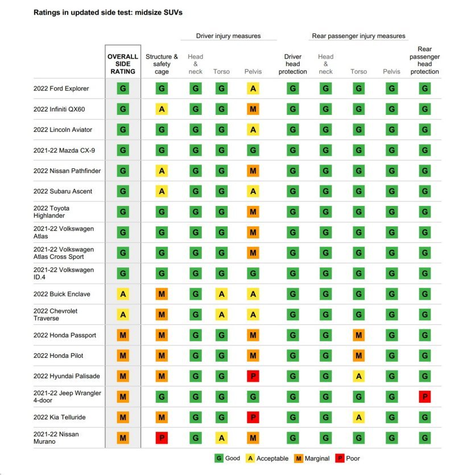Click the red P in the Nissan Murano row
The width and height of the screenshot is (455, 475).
point(162,437)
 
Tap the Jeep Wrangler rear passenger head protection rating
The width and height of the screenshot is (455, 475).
point(425,396)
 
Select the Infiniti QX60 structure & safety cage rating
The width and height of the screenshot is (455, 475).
point(162,109)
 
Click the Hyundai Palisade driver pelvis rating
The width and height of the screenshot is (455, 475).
point(253,376)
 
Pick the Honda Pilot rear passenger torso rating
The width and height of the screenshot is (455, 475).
point(359,356)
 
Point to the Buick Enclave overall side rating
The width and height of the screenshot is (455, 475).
point(123,294)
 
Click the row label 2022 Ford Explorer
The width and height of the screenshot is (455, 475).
point(61,88)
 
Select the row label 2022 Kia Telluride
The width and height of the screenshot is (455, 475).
point(59,417)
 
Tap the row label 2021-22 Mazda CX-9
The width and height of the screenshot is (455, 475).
point(64,150)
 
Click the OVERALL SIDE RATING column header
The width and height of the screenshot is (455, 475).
point(123,64)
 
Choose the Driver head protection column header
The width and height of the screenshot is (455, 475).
point(293,64)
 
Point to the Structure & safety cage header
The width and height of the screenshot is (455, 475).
point(162,64)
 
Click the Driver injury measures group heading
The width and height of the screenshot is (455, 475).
point(229,36)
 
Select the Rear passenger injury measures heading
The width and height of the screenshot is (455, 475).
point(359,36)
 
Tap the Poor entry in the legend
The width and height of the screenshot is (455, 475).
point(348,459)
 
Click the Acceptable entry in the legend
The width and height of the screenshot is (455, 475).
point(267,459)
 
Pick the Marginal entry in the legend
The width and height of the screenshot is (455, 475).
point(312,459)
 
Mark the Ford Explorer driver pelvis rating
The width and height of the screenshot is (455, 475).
point(253,88)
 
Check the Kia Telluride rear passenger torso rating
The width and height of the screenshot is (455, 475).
point(359,417)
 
